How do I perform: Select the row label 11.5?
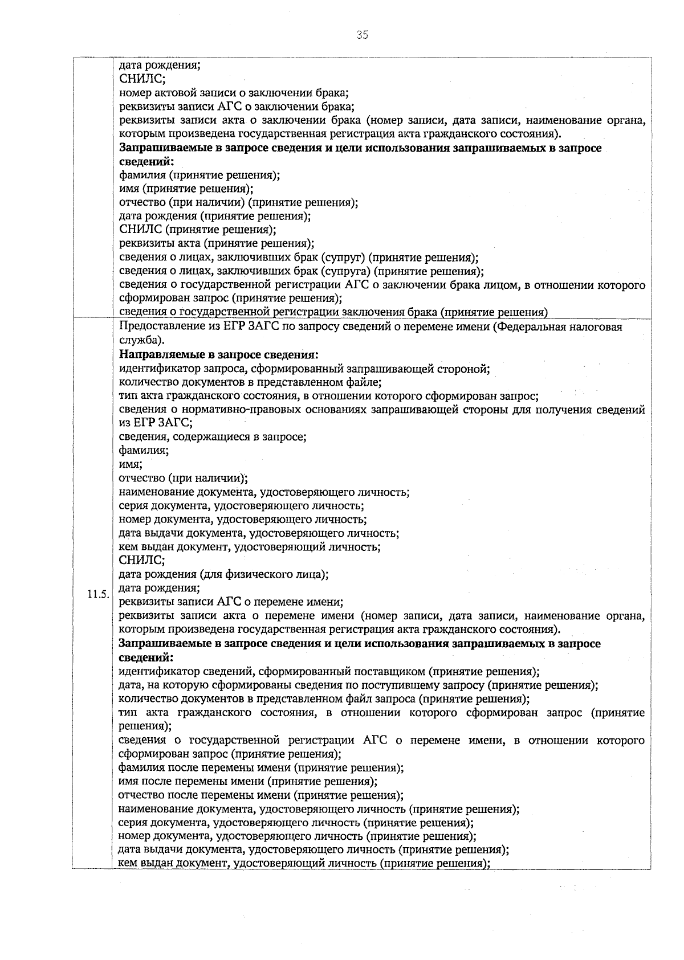[97, 595]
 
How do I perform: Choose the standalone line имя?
[131, 465]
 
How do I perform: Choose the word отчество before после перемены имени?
[141, 795]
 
